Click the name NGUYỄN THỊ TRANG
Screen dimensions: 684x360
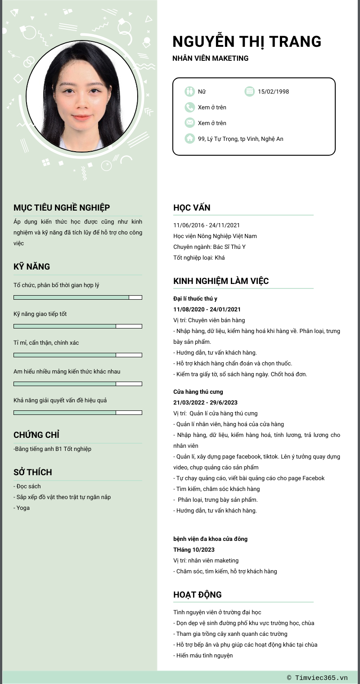(247, 41)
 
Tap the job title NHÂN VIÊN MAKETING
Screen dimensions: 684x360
(210, 58)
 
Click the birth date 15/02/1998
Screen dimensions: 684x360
(273, 92)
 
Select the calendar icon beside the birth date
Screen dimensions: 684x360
(249, 91)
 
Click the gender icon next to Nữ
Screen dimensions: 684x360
(189, 91)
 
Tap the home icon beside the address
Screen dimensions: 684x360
(189, 139)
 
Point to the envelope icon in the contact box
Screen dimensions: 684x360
(189, 123)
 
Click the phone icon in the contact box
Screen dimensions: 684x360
(189, 107)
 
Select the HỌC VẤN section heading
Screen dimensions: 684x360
(192, 207)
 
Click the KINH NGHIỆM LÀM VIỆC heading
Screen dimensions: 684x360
(221, 281)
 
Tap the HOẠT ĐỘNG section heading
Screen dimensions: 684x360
(198, 594)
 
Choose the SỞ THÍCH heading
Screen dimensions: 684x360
(33, 472)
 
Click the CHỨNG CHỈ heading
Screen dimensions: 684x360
(36, 435)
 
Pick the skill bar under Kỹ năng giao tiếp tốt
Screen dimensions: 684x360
(78, 326)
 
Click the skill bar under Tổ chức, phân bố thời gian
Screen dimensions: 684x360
(78, 297)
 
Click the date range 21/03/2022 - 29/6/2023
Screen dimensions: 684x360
(205, 402)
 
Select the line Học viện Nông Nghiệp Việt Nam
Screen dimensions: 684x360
(215, 236)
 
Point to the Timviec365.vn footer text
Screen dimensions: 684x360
(318, 678)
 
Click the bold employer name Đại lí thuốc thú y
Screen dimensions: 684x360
(195, 298)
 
